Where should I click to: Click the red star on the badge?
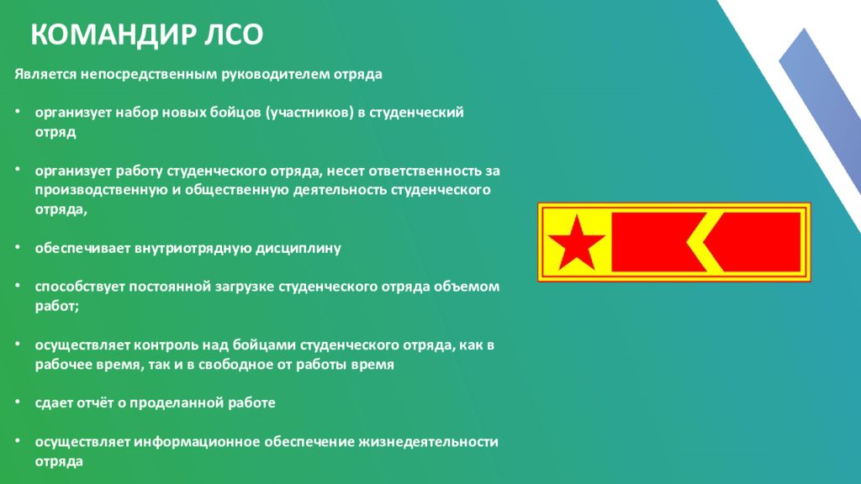pyautogui.click(x=576, y=242)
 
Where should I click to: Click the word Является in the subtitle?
pyautogui.click(x=45, y=74)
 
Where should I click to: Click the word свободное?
pyautogui.click(x=229, y=365)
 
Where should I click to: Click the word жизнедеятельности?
pyautogui.click(x=428, y=442)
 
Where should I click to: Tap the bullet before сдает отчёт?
pyautogui.click(x=18, y=402)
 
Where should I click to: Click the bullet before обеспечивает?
pyautogui.click(x=18, y=247)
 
